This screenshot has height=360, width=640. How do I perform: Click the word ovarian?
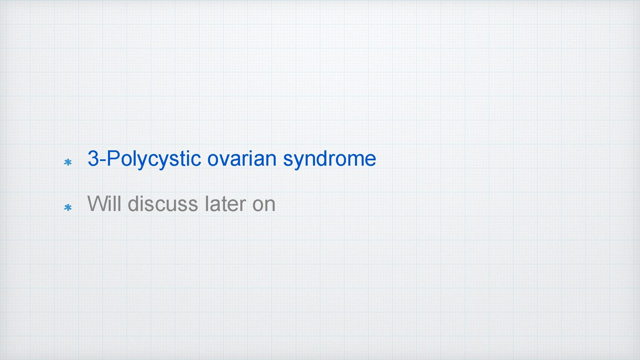(242, 159)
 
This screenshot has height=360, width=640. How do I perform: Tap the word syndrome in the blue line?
(329, 159)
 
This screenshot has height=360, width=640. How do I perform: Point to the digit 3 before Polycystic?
(94, 159)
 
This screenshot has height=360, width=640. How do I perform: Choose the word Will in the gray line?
(104, 204)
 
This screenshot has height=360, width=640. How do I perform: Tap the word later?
(225, 204)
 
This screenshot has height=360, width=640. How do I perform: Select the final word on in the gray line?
(264, 204)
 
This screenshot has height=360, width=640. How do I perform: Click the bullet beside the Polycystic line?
(68, 163)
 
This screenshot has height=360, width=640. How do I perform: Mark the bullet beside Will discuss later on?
(68, 208)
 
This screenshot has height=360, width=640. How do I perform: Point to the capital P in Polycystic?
(113, 159)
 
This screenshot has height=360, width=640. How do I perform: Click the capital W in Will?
(97, 204)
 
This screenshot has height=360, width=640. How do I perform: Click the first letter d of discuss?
(134, 204)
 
